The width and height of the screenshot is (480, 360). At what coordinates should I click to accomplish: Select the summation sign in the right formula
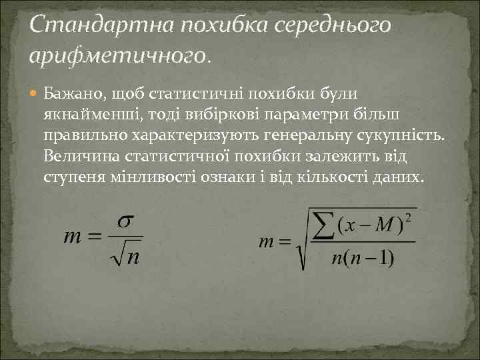323,225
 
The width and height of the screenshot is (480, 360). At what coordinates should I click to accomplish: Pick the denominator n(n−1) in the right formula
363,257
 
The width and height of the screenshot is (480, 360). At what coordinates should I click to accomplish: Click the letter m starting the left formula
73,237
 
